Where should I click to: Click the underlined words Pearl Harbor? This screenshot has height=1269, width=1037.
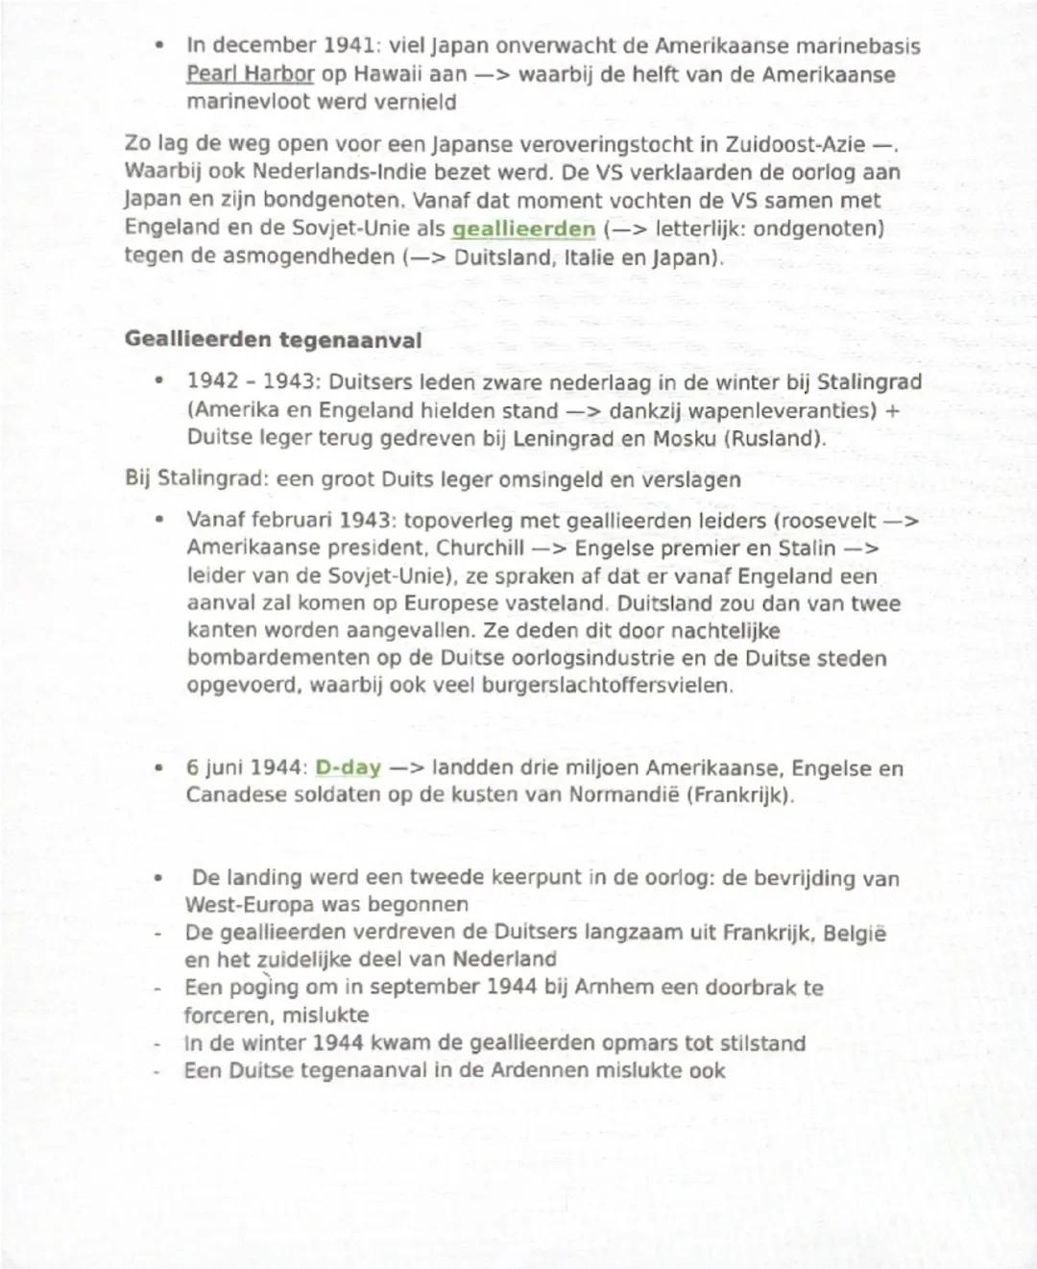tap(250, 74)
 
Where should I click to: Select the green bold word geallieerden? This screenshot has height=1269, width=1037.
tap(523, 229)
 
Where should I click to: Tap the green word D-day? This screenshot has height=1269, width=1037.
tap(349, 768)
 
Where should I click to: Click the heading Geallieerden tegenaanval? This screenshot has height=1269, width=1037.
tap(273, 339)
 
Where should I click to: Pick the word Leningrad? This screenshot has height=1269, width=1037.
tap(567, 438)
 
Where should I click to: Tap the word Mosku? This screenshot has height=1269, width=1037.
tap(685, 438)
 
